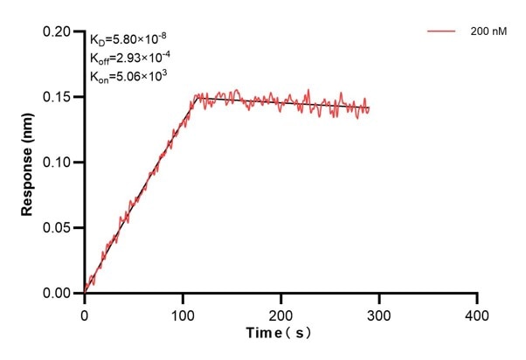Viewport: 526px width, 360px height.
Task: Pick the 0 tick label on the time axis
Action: coord(85,313)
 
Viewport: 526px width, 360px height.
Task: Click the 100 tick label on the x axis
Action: coord(183,313)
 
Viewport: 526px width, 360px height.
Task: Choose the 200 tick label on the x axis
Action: coord(280,313)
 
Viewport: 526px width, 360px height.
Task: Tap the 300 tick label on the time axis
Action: coord(378,313)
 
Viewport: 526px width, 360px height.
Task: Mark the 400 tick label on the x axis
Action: coord(476,313)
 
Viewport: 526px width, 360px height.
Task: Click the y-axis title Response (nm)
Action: coord(27,163)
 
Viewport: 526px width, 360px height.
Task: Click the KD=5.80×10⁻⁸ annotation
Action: coord(128,39)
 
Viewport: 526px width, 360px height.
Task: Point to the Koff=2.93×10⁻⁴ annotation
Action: coord(129,58)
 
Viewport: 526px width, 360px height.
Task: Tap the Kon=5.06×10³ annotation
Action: coord(128,76)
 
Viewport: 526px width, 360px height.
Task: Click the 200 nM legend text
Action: coord(486,31)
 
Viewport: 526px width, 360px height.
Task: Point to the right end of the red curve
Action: coord(369,109)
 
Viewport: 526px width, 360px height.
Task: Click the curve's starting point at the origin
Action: coord(86,291)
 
